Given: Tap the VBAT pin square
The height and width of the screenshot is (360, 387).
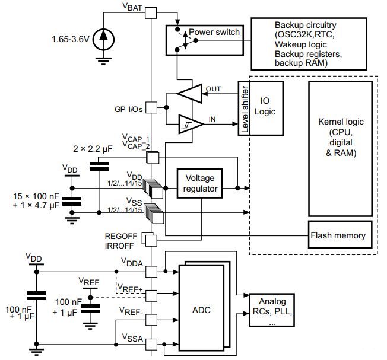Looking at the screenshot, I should pyautogui.click(x=151, y=13).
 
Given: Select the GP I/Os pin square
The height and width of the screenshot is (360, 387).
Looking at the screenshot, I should pyautogui.click(x=151, y=108).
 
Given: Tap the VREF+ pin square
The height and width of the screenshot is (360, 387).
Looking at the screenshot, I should pyautogui.click(x=151, y=294).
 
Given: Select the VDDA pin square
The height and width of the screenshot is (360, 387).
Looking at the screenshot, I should pyautogui.click(x=151, y=270).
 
